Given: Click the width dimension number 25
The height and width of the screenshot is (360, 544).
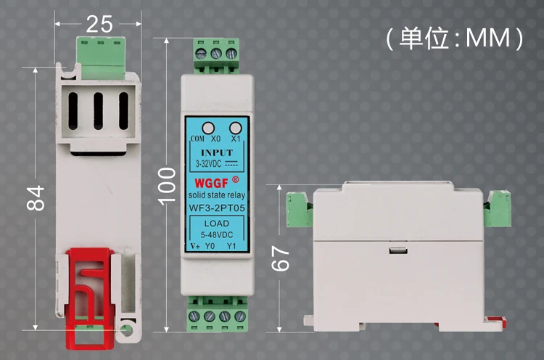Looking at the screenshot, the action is pos(99,24).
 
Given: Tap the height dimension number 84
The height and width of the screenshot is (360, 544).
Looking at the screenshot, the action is pos(36,198).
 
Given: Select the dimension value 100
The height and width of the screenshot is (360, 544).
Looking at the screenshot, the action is pos(167,186).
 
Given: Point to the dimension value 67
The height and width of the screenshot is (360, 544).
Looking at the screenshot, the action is pos(280,258).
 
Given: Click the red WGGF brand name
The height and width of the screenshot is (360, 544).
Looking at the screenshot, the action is pos(211,183).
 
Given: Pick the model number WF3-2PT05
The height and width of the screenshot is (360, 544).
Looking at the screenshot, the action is pos(217,208).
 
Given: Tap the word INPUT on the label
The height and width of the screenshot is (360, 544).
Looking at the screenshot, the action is pos(217,152).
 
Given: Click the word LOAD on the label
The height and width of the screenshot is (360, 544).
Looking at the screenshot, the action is pos(217,224).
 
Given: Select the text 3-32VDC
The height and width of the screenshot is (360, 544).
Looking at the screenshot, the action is pos(208,163).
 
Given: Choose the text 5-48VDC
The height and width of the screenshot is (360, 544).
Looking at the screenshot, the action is pos(217,234).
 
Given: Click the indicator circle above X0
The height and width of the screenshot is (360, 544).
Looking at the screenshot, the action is pos(208,128).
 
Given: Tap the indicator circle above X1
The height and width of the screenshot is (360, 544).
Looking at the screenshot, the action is pos(236,128).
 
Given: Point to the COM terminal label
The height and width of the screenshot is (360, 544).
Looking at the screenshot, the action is pos(197,139).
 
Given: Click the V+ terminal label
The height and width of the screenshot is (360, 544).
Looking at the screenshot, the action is pos(195,246).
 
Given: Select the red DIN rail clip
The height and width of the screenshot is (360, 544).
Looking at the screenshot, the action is pos(91,298).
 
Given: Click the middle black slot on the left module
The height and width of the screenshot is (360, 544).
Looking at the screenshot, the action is pos(98,111).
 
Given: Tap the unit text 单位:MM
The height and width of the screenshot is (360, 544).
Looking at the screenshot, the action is pos(455,38).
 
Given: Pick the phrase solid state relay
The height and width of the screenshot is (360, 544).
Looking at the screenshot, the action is pos(217,195).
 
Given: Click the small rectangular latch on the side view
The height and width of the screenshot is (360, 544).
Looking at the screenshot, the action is pos(398,250).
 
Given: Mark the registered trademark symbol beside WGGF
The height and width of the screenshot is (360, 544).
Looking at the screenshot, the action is pos(235,179).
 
